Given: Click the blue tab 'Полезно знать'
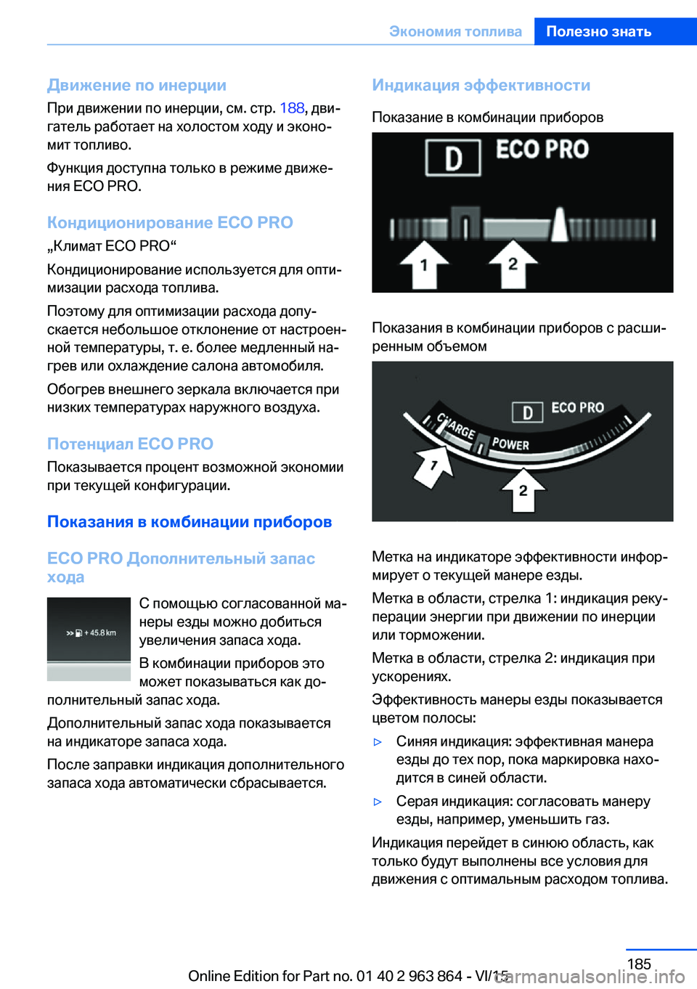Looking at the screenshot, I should point(598,31).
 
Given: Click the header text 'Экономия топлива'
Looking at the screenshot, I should point(455,31).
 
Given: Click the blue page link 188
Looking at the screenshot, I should point(292,108).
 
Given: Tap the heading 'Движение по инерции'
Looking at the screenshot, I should point(136,85).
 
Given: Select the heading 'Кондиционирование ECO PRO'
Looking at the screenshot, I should point(170,222).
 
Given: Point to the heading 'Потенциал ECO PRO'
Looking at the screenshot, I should point(130,444).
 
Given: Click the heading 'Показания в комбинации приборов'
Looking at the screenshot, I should point(189,521).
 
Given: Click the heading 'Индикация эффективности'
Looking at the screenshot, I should point(481,85).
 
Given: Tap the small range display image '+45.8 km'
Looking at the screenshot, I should point(89,638).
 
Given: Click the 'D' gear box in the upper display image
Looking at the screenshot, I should point(453,158).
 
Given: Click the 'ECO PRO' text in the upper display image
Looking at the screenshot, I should point(542,150).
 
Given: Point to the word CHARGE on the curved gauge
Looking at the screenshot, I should point(456,427).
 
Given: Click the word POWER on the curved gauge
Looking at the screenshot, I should point(510,444).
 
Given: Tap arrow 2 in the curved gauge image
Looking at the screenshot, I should point(523,490).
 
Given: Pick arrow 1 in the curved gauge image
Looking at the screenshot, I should point(433,467).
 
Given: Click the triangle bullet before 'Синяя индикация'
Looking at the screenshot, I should point(378,742).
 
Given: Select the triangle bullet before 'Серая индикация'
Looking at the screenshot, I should point(378,802).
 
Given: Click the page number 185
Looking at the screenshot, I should point(639,964).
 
